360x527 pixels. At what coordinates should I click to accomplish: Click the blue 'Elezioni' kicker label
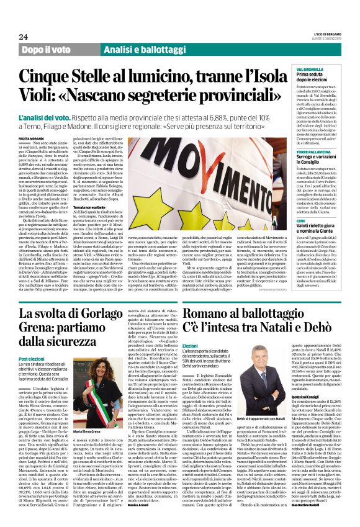click(x=190, y=346)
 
